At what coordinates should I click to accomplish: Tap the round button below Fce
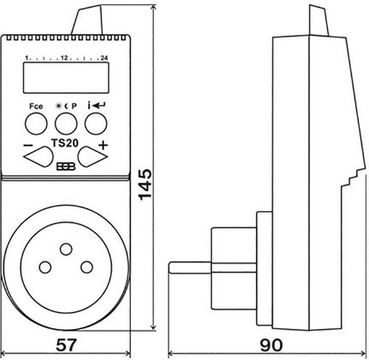coord(35,123)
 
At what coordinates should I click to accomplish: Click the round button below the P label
coord(65,123)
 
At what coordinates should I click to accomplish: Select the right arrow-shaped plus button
coord(92,156)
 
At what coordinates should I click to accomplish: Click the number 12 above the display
coord(64,58)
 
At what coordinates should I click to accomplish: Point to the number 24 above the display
coord(105,58)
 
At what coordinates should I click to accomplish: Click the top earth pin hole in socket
coord(65,249)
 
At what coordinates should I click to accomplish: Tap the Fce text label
coord(36,107)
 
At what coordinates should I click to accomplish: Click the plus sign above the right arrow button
coord(103,145)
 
